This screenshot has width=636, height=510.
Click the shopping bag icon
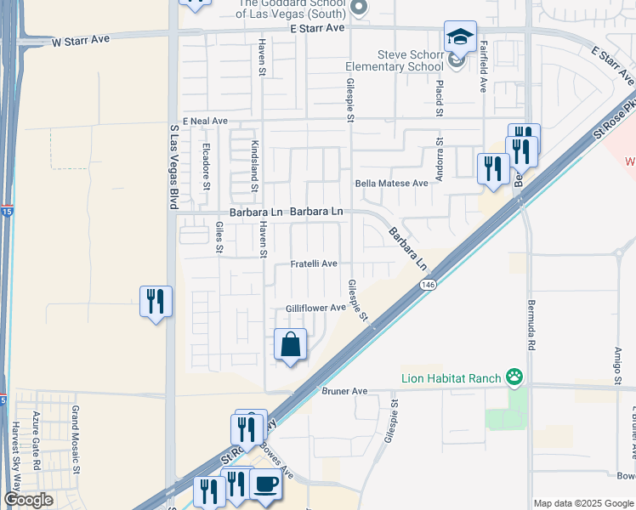pos(291,344)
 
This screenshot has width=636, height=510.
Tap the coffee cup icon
pos(264,485)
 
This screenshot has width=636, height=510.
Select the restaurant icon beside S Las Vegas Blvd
pos(156,302)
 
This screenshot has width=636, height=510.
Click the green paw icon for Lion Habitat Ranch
pos(514,377)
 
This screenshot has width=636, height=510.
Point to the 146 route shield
pos(427,289)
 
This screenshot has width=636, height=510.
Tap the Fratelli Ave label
pos(315,264)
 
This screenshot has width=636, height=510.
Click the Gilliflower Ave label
pos(315,308)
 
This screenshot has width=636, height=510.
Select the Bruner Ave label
pos(344,391)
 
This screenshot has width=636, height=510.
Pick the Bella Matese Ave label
pos(391,184)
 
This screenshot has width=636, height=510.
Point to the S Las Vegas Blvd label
pos(173,166)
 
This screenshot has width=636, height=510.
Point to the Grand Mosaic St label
pos(75,439)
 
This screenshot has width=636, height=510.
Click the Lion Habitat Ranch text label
pos(451,378)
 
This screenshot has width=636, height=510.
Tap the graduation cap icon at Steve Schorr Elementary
pos(460,37)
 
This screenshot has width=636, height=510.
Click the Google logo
pos(28,500)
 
